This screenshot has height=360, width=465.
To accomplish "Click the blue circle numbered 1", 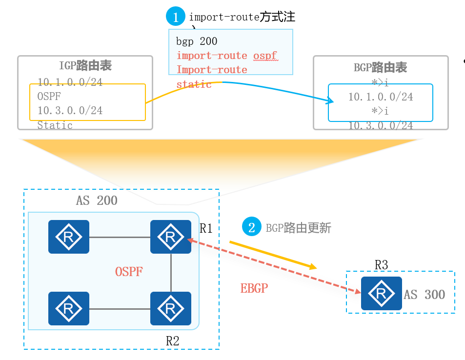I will pyautogui.click(x=175, y=17).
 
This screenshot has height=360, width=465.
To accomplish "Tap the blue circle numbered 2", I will pyautogui.click(x=252, y=227).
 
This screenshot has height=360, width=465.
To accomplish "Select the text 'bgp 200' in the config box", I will pyautogui.click(x=197, y=41).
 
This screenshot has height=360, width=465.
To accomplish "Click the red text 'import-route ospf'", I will pyautogui.click(x=227, y=56).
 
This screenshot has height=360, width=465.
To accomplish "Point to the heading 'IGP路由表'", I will pyautogui.click(x=85, y=67).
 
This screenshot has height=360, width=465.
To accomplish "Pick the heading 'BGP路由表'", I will pyautogui.click(x=380, y=67).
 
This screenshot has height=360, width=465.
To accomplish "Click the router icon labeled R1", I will pyautogui.click(x=170, y=237).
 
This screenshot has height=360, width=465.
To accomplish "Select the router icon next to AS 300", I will pyautogui.click(x=381, y=293).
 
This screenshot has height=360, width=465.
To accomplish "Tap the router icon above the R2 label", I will pyautogui.click(x=170, y=308).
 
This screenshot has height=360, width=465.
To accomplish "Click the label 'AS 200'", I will pyautogui.click(x=97, y=200).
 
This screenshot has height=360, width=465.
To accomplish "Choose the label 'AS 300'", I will pyautogui.click(x=424, y=295).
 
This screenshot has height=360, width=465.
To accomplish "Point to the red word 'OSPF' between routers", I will pyautogui.click(x=129, y=272).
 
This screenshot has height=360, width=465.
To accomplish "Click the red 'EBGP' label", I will pyautogui.click(x=254, y=288).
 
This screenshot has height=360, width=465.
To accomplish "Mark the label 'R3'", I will pyautogui.click(x=381, y=265).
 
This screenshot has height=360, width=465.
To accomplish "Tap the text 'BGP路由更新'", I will pyautogui.click(x=299, y=228).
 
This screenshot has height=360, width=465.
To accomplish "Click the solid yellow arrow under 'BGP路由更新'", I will pyautogui.click(x=273, y=255).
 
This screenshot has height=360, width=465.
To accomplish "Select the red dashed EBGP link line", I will pyautogui.click(x=273, y=266).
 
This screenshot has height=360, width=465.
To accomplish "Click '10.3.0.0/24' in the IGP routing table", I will pyautogui.click(x=70, y=110).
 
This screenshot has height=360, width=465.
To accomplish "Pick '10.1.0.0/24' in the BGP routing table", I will pyautogui.click(x=380, y=97).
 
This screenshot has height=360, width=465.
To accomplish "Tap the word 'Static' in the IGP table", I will pyautogui.click(x=55, y=125).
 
